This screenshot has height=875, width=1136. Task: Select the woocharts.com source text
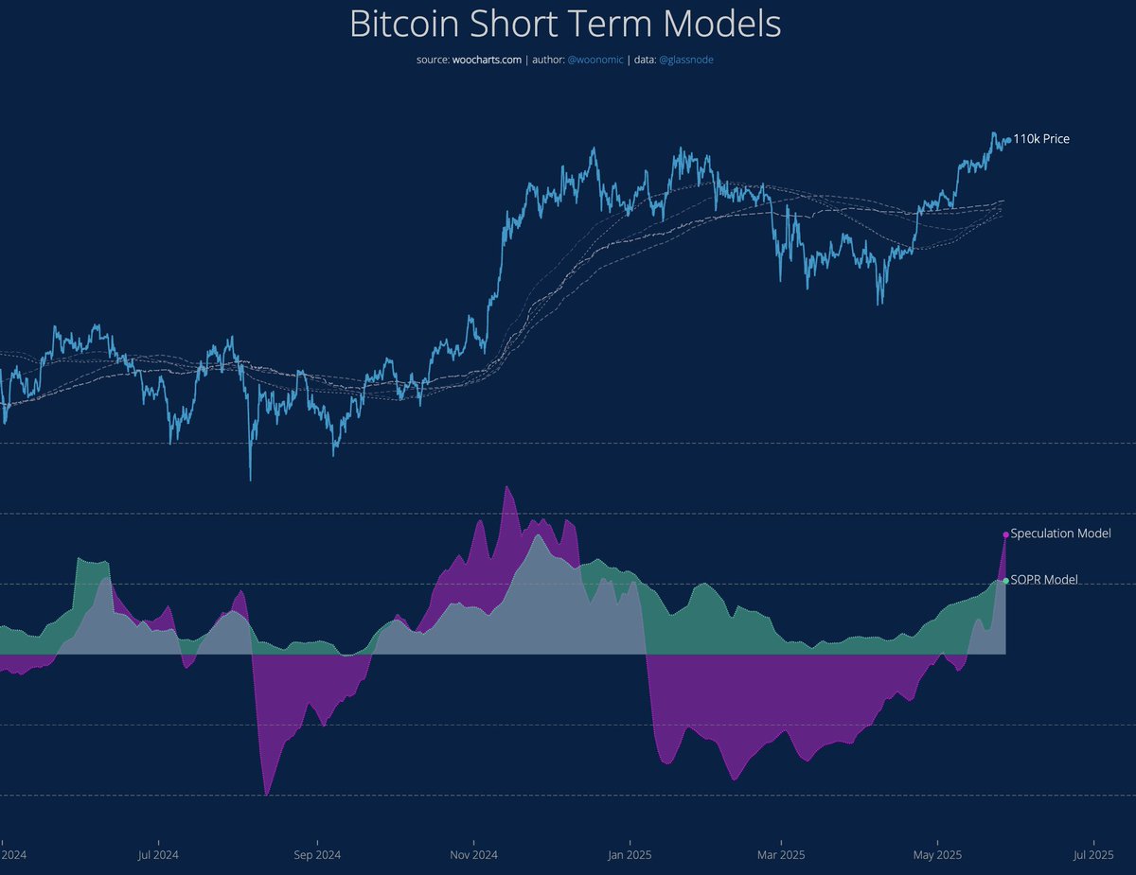point(483,61)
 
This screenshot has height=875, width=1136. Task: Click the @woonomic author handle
point(595,61)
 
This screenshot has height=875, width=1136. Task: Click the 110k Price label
point(1041,139)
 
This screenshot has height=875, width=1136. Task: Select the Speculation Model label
point(1060,534)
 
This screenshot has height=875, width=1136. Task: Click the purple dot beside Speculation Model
point(1005,534)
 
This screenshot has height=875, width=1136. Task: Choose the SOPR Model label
point(1044,580)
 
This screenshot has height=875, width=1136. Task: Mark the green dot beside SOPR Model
point(1005,581)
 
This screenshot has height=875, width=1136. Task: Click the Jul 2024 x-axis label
point(158,855)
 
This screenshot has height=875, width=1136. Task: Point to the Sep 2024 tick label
point(317,855)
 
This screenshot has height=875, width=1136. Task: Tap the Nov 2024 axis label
point(473,855)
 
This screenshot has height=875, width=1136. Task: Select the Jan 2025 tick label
point(629,855)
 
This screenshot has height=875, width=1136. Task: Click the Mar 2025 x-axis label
point(782,855)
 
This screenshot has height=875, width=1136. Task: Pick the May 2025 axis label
point(937,855)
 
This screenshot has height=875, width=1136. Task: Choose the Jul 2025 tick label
point(1093,855)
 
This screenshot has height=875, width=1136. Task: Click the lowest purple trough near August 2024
point(266,793)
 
